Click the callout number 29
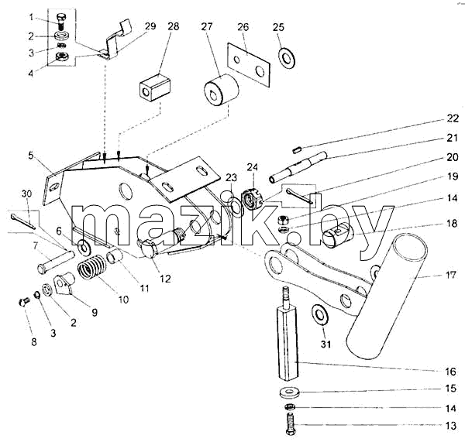150,26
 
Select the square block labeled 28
156,87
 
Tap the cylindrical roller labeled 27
221,90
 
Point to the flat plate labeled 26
249,65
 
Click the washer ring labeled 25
287,57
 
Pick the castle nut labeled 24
252,199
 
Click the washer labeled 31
319,314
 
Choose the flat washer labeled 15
289,392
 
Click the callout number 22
453,118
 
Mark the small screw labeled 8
24,302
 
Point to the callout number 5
32,156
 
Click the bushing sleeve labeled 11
115,256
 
